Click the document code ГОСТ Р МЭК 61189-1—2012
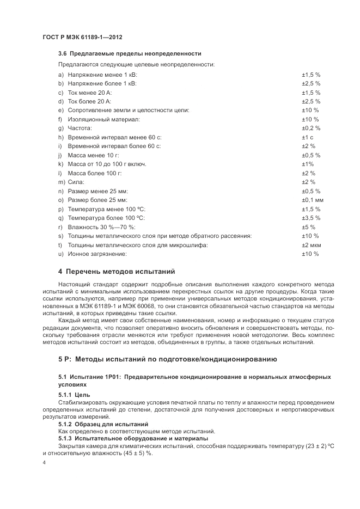(82, 37)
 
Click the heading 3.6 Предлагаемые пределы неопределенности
(130, 53)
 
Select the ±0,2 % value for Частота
(311, 128)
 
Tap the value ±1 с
(308, 137)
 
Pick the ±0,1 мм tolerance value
(313, 200)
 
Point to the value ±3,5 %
(311, 218)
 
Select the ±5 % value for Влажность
(309, 227)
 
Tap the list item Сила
(76, 182)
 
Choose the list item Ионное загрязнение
(97, 254)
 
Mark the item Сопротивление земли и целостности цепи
(128, 110)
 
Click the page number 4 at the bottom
(44, 462)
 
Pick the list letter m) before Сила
(61, 182)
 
